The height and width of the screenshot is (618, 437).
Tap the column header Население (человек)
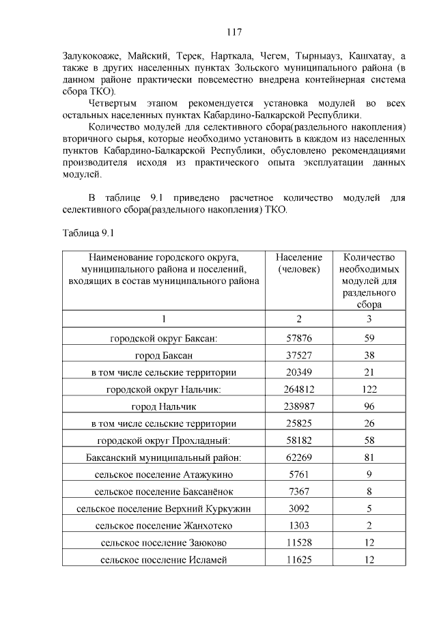(298, 264)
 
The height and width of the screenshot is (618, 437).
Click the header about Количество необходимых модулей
(369, 281)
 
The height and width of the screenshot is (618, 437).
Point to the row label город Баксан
(163, 356)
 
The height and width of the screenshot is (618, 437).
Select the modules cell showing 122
(369, 390)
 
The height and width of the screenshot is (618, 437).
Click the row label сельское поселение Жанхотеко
(163, 526)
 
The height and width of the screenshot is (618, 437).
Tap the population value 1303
(299, 526)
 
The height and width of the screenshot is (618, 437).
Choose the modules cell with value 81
(369, 458)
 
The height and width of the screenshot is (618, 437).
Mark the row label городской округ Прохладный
(163, 440)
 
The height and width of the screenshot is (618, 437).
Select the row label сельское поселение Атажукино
(163, 475)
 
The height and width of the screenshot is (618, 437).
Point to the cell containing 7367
(299, 492)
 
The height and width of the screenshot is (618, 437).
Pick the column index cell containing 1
(163, 319)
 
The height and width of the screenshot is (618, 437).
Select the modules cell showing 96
(369, 407)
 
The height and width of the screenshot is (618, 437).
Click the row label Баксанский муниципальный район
(164, 458)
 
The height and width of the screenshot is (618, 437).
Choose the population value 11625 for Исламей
(299, 560)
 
